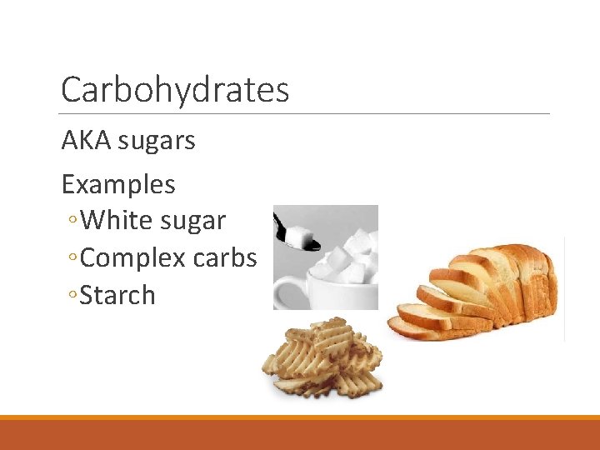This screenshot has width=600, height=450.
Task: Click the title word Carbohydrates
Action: (175, 90)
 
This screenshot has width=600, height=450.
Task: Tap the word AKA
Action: (87, 141)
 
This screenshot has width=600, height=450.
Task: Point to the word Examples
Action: (118, 184)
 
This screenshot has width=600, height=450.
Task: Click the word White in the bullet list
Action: (117, 221)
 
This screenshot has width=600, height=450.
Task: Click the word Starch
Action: (117, 296)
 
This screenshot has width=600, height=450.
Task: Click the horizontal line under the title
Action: (305, 113)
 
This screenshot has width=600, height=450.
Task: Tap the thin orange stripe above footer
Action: (300, 417)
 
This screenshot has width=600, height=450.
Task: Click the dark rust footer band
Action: (300, 435)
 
